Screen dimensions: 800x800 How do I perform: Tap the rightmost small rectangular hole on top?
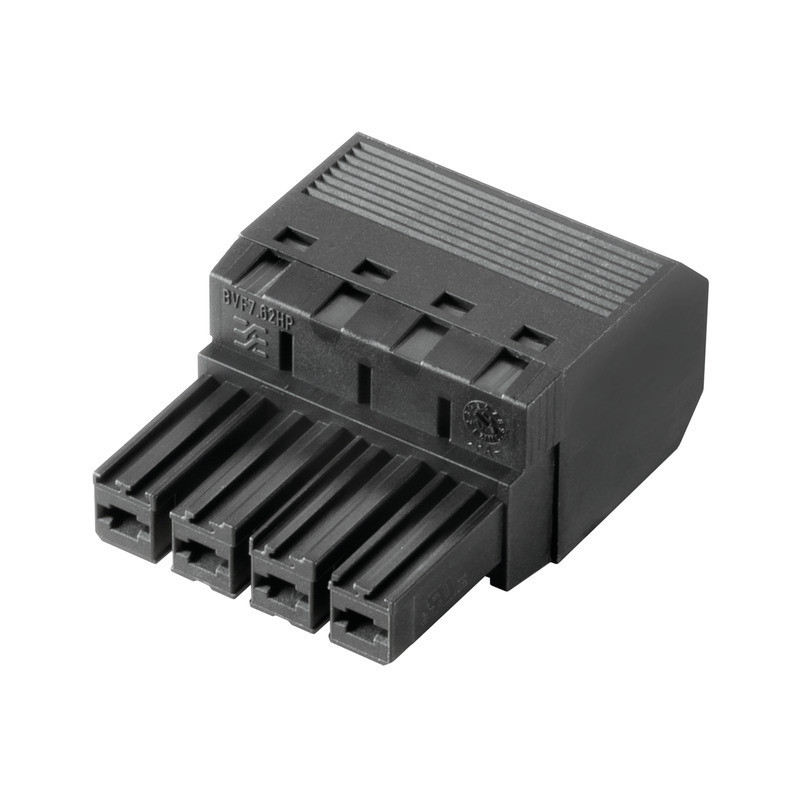pyautogui.click(x=532, y=337)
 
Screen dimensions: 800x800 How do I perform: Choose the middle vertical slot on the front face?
pyautogui.click(x=363, y=383)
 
